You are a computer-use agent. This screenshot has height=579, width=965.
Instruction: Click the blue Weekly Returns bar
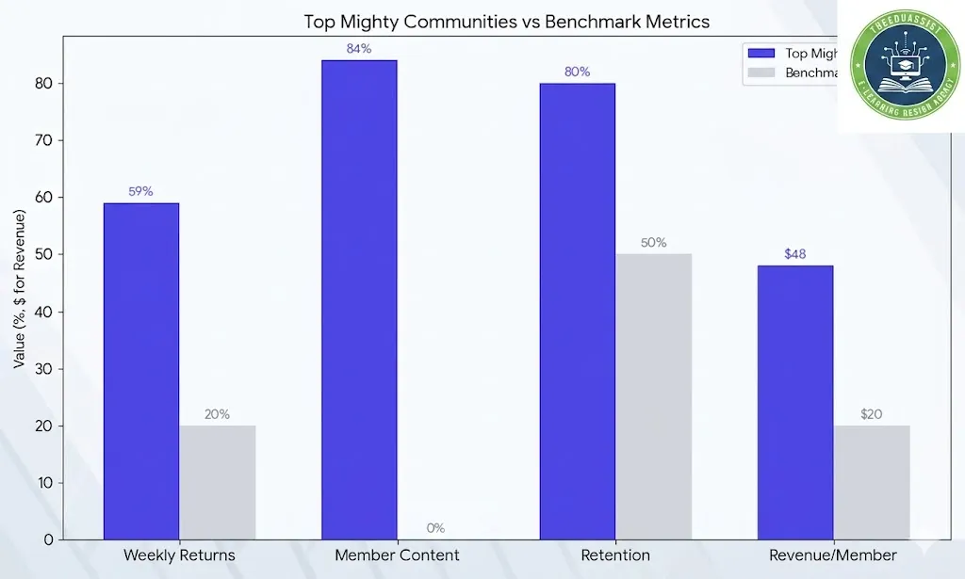[x=141, y=371]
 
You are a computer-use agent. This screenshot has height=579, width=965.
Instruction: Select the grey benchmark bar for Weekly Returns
[x=217, y=482]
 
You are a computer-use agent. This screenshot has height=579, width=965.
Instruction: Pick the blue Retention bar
[x=577, y=311]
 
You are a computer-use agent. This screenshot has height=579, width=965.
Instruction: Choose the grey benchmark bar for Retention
[x=653, y=396]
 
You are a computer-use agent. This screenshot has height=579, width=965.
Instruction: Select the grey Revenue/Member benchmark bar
[x=871, y=482]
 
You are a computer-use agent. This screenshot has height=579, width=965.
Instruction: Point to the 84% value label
[x=359, y=48]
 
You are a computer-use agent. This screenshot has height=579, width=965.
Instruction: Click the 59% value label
[x=141, y=191]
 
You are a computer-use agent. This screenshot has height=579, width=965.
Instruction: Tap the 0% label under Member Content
[x=434, y=528]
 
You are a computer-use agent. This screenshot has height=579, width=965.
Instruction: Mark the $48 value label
[x=794, y=254]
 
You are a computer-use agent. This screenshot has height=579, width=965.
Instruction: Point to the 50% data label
[x=653, y=242]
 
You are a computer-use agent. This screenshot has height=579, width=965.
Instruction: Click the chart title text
[x=506, y=21]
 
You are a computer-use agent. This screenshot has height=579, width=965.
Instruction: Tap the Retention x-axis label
[x=614, y=555]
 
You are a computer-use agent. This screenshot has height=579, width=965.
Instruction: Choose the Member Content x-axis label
[x=397, y=555]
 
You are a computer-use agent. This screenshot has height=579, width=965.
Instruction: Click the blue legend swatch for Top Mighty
[x=761, y=54]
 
